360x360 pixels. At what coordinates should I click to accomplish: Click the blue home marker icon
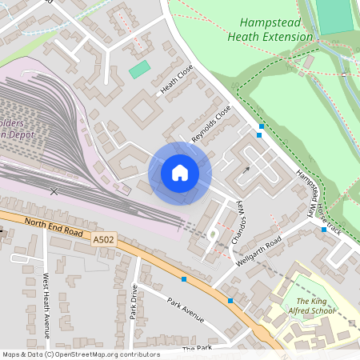[180, 173]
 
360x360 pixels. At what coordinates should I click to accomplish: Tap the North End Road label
[54, 226]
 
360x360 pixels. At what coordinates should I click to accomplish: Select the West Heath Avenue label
[46, 298]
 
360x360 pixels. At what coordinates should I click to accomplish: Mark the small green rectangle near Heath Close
[139, 70]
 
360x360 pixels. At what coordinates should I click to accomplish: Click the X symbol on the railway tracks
[54, 191]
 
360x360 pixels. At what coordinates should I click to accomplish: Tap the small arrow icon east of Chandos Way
[247, 170]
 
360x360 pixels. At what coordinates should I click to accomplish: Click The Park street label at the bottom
[195, 350]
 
